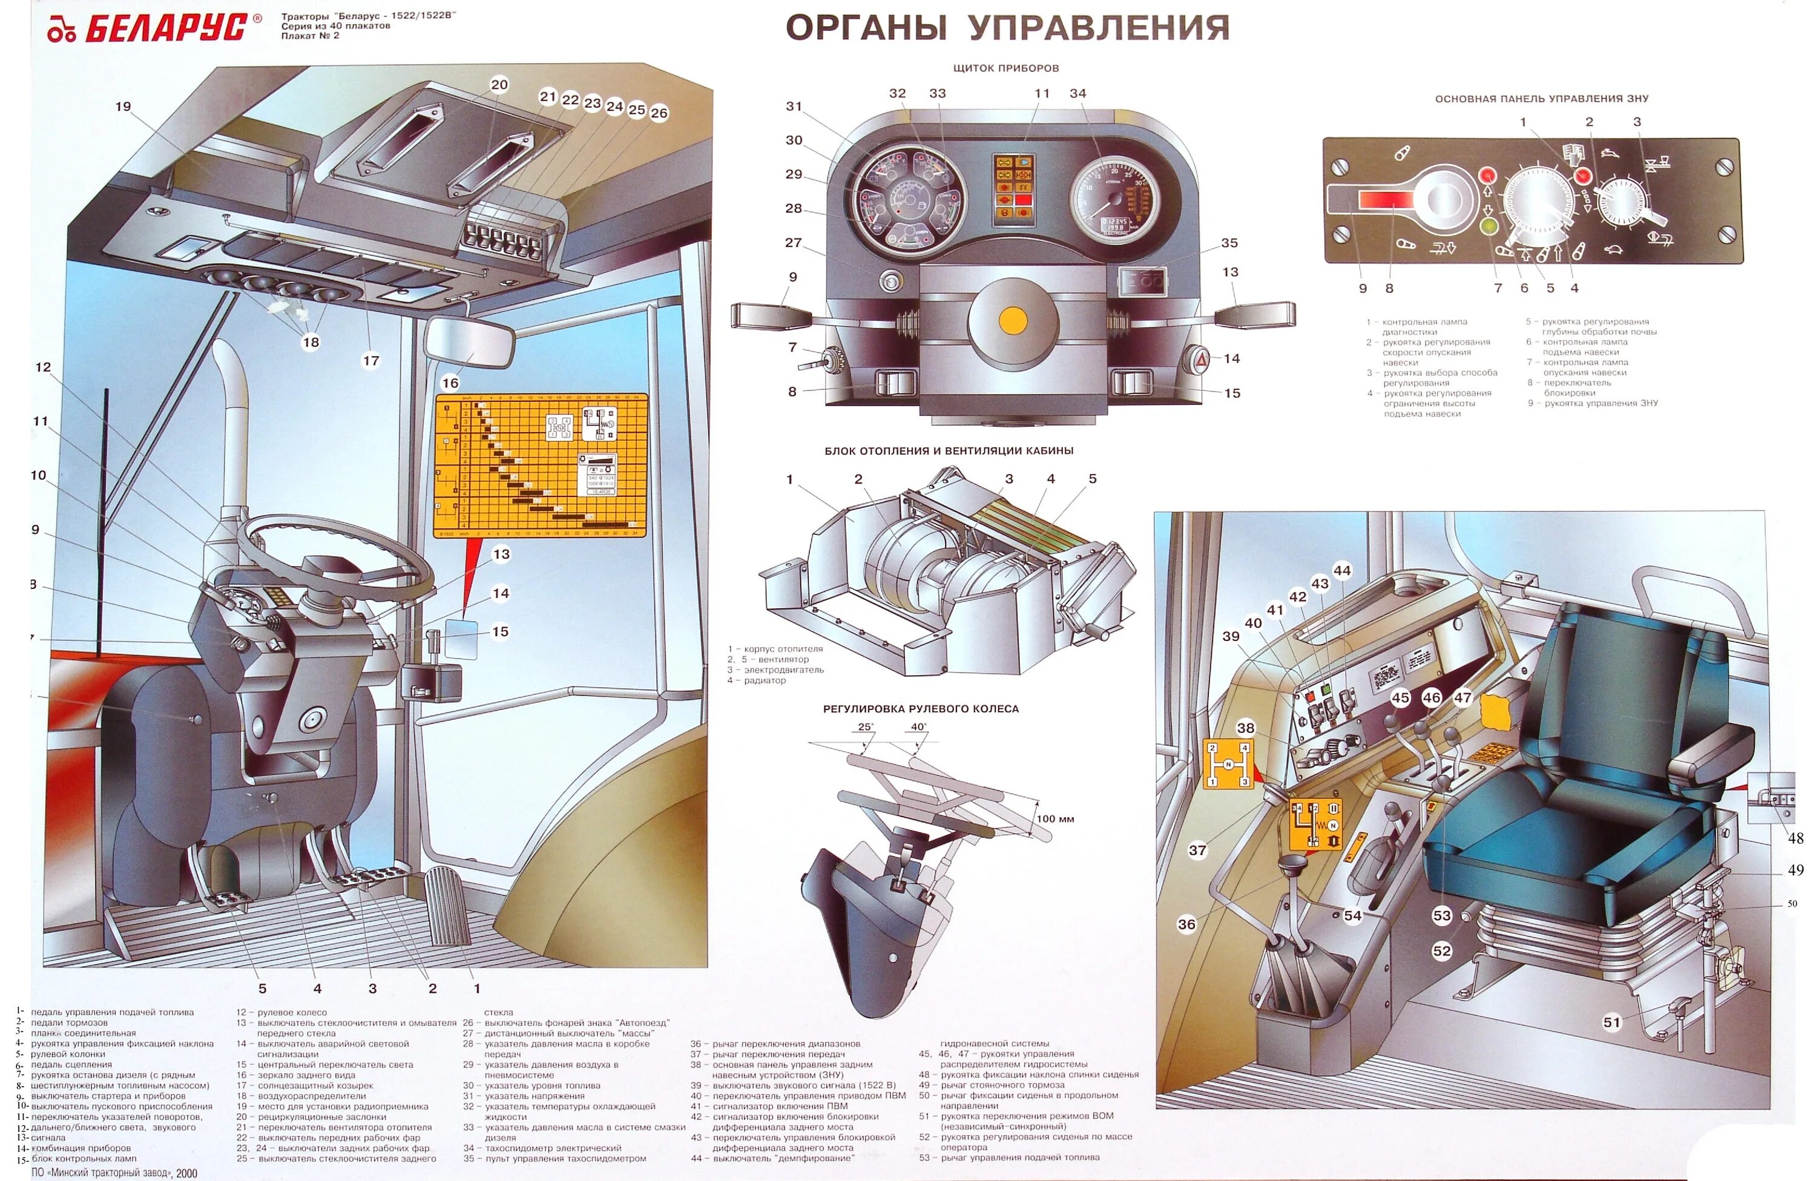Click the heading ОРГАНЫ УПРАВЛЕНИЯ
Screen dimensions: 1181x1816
(x=1007, y=28)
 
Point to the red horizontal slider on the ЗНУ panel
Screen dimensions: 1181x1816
(x=1385, y=200)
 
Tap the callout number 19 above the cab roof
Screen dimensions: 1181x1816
(x=123, y=107)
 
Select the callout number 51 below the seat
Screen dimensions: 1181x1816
(x=1611, y=1022)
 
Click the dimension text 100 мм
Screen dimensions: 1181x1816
(x=1055, y=818)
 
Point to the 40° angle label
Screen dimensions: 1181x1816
(x=919, y=727)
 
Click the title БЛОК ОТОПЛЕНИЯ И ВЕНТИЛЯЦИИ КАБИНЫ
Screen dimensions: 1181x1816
(x=949, y=451)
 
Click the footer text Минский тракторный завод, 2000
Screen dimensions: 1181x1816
(x=114, y=1173)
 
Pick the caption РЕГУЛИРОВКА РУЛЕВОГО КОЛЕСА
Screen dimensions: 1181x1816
(x=920, y=709)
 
